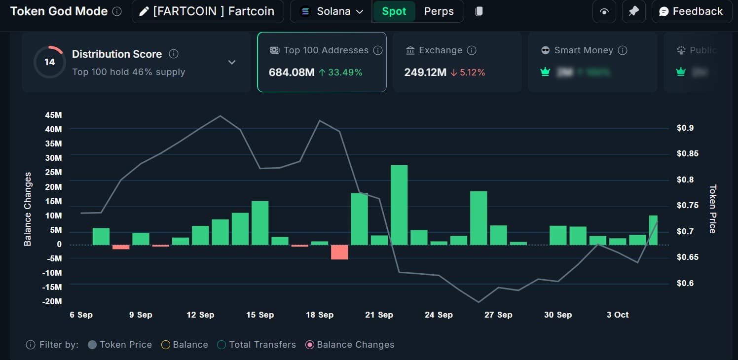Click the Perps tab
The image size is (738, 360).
coord(439,11)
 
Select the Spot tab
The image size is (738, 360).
coord(394,11)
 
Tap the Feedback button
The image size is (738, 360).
coord(691,11)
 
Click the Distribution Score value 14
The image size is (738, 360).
coord(49,62)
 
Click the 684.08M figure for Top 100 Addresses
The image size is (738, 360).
coord(292,72)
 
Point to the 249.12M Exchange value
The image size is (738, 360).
coord(425,72)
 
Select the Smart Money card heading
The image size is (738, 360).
coord(584,50)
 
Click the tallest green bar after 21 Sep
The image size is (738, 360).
coord(399,205)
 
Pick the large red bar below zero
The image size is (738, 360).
coord(339,252)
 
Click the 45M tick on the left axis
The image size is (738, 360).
coord(53,115)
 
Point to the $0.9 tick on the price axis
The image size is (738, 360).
coord(685,128)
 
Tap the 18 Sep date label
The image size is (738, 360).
coord(320,315)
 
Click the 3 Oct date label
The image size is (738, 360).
coord(618,315)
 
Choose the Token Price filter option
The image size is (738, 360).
coord(120,345)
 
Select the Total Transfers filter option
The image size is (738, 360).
coord(257,345)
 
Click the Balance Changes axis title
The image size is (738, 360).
coord(28,209)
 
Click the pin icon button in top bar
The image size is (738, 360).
coord(633,11)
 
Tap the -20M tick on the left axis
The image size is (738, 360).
coord(52,301)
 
